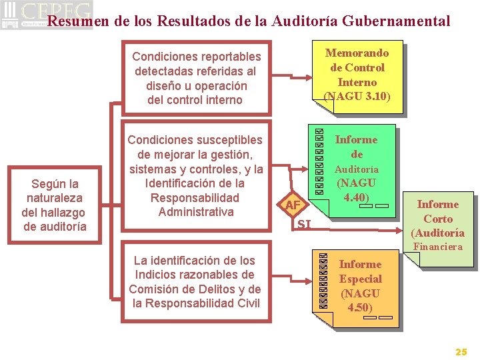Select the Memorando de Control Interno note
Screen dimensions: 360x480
(356, 74)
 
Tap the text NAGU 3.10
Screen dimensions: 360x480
(357, 97)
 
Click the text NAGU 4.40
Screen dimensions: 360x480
(356, 190)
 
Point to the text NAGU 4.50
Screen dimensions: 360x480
(360, 300)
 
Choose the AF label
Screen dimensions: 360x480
(293, 205)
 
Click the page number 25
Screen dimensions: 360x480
(461, 351)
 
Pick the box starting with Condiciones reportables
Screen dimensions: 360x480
(196, 79)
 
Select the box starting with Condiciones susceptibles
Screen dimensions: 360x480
(195, 176)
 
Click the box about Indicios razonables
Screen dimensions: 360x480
(195, 282)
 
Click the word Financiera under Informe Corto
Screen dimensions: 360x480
(437, 247)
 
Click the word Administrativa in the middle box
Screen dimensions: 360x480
(196, 212)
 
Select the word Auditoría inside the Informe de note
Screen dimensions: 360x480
(356, 169)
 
